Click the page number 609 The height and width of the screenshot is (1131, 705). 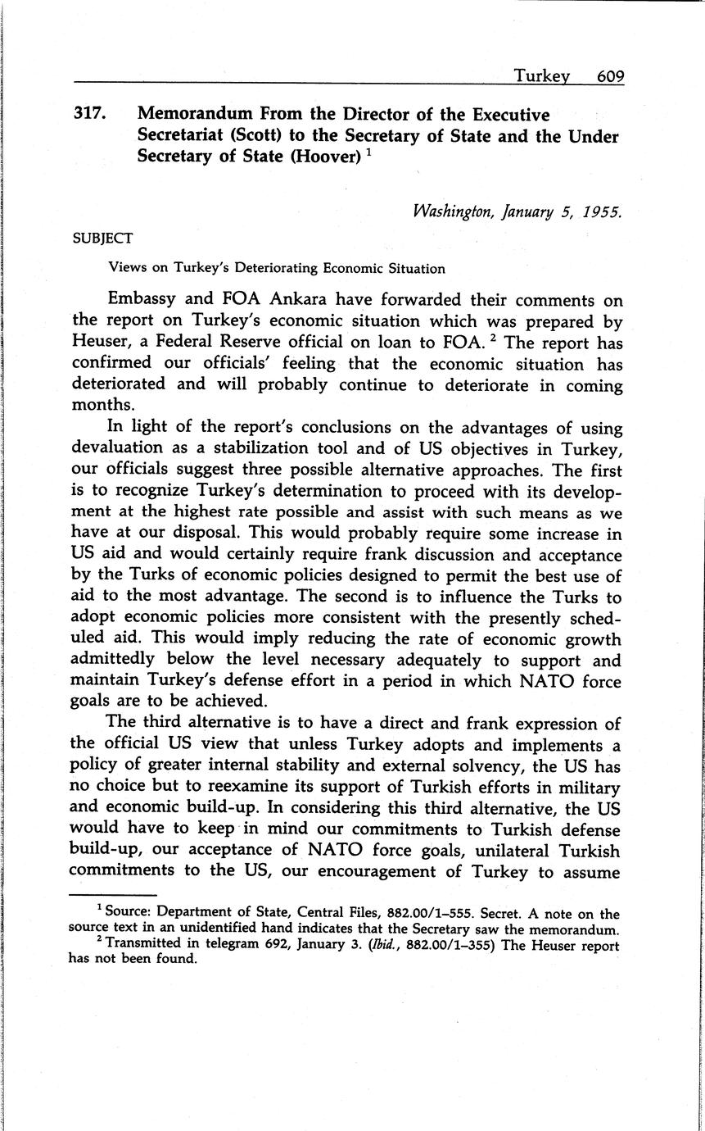tap(610, 76)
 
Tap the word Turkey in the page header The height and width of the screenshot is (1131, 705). tap(541, 76)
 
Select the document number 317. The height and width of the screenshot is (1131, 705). tap(91, 115)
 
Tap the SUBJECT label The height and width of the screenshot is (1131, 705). tap(102, 238)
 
